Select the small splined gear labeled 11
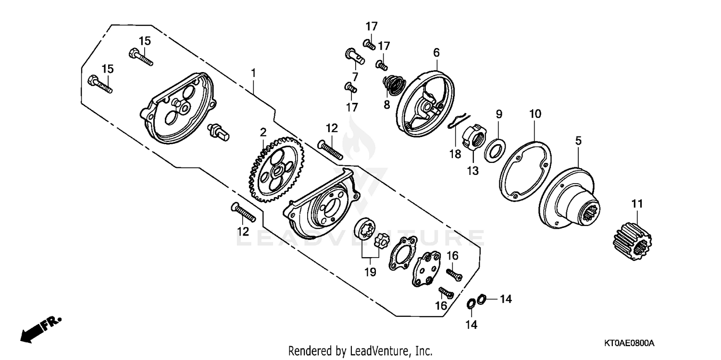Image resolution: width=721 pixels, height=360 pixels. point(631,241)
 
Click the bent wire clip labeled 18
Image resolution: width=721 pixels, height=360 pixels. point(459,120)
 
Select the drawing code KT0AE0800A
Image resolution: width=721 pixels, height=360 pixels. point(629,343)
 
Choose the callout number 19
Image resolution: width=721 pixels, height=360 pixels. point(370,272)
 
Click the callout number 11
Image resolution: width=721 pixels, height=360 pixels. point(637,204)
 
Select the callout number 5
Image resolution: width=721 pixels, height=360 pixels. point(578,141)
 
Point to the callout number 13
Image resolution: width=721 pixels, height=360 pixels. point(473,170)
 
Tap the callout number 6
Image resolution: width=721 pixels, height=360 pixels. point(436,52)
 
